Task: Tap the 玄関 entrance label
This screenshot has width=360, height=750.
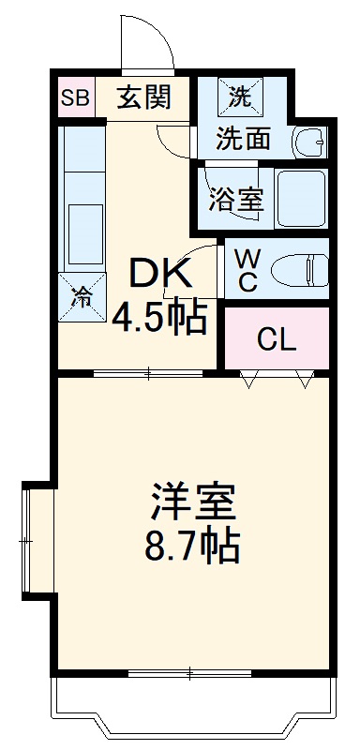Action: click(143, 97)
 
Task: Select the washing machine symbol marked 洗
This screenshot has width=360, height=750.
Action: click(241, 95)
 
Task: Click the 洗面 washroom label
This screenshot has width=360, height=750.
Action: click(243, 139)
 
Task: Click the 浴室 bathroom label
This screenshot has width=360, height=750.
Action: click(236, 199)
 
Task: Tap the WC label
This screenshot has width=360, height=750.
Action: click(247, 270)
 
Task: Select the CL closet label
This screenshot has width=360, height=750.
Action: click(277, 339)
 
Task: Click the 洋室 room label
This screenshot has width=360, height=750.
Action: click(192, 503)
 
